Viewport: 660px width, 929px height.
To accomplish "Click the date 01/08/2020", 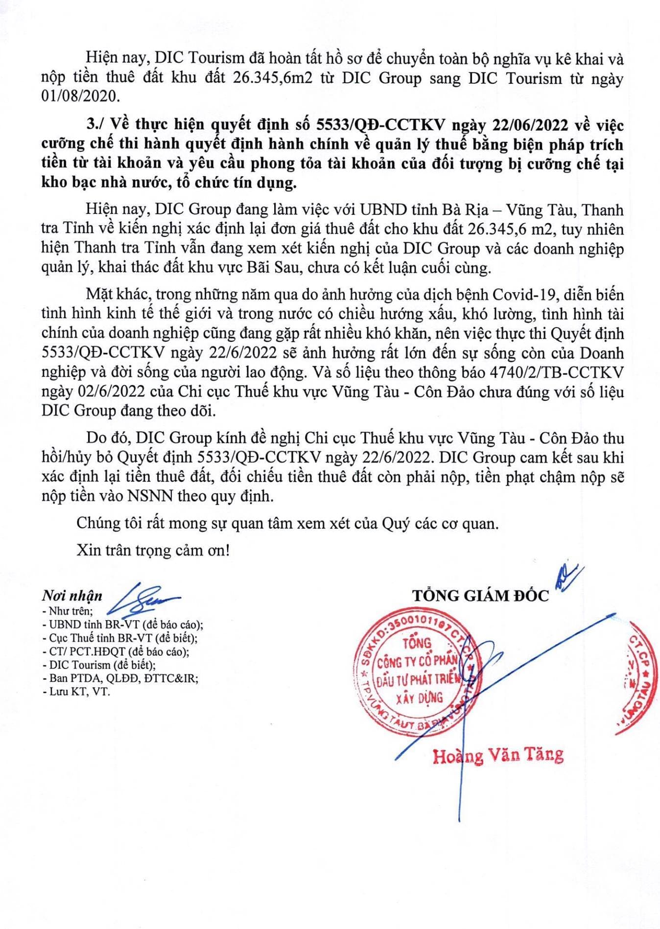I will pyautogui.click(x=80, y=96).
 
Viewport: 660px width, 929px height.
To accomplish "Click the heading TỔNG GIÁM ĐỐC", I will pyautogui.click(x=480, y=596).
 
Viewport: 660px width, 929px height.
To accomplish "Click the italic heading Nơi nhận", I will pyautogui.click(x=72, y=596).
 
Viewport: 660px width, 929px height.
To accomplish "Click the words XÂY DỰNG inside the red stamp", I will pyautogui.click(x=419, y=697).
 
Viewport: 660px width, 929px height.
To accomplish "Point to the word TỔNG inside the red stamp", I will pyautogui.click(x=417, y=643).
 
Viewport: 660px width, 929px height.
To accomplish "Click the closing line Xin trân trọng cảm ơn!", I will pyautogui.click(x=153, y=550).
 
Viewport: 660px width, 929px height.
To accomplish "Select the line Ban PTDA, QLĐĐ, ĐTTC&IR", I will pyautogui.click(x=123, y=679).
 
